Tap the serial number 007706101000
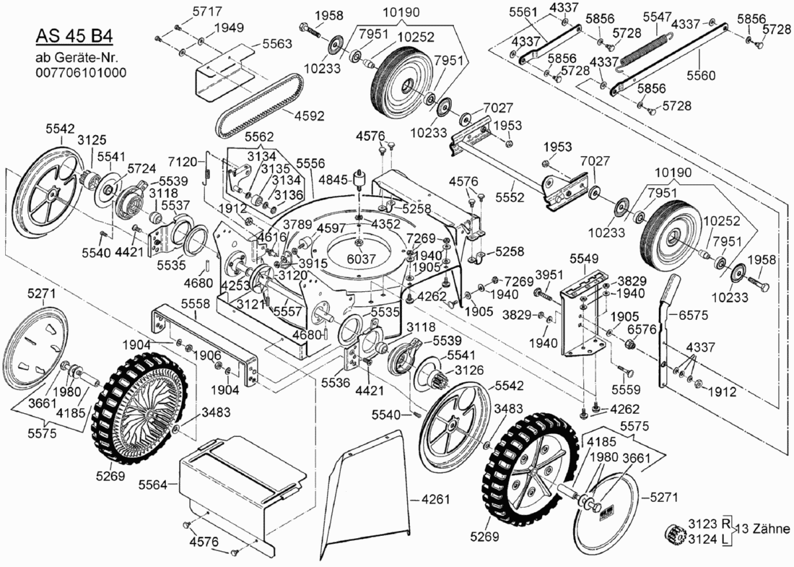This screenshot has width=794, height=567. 81,72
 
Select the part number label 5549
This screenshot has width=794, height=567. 584,258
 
